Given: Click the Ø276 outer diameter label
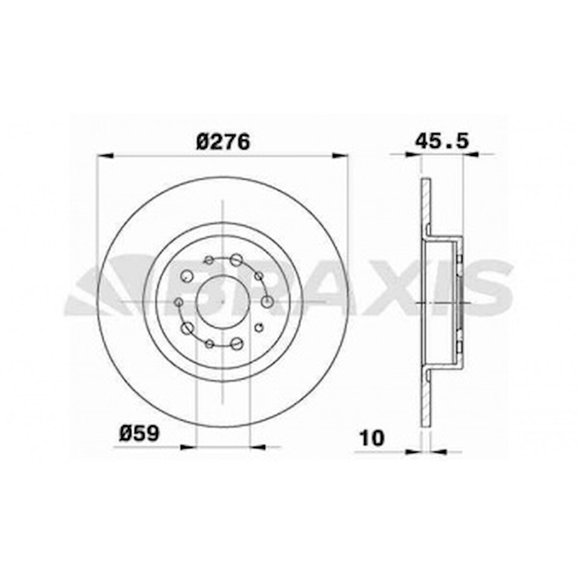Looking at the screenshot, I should tap(223, 142).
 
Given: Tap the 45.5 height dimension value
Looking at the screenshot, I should tap(442, 141).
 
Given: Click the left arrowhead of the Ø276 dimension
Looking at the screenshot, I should tap(105, 156).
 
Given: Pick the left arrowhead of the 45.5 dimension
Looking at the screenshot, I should tap(413, 155).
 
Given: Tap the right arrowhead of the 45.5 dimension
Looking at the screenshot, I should tap(471, 155).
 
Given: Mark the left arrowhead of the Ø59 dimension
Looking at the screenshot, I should tap(189, 447).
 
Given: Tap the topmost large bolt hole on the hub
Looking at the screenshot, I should tap(237, 259).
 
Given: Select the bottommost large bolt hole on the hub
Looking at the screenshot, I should tap(237, 343).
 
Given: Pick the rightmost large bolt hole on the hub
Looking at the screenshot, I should tap(266, 302).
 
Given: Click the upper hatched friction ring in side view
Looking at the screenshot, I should tap(425, 206).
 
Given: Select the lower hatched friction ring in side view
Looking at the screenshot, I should tap(425, 397).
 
